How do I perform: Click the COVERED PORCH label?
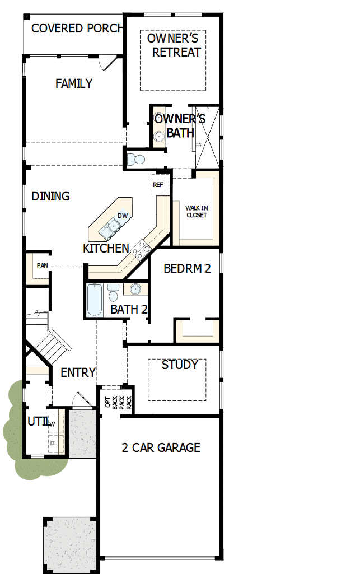click(76, 28)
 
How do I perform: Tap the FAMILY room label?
click(74, 83)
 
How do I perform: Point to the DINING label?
click(50, 196)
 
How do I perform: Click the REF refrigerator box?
click(158, 184)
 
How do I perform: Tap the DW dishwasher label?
click(122, 216)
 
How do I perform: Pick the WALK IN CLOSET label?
click(196, 212)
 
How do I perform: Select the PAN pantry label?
click(42, 265)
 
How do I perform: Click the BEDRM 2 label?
click(187, 268)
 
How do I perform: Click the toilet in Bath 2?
click(113, 292)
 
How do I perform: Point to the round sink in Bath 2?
click(135, 290)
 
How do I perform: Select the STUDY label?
click(180, 365)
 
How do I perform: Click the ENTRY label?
click(78, 372)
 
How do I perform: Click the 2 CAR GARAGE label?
click(161, 447)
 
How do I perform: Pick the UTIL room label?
click(36, 421)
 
